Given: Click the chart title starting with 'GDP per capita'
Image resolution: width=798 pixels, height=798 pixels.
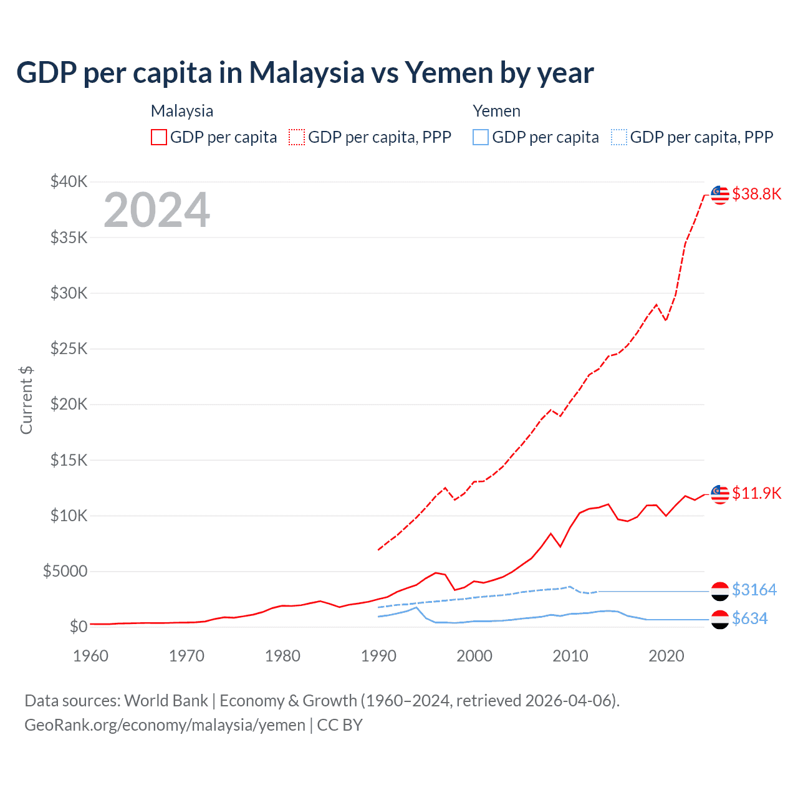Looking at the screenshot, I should pos(305,72).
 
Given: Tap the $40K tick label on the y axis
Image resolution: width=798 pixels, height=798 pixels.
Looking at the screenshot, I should pos(69,182).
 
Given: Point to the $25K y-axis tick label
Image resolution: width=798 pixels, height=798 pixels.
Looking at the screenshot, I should pos(69,349).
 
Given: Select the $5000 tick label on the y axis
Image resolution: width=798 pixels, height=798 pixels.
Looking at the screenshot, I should pos(65,571).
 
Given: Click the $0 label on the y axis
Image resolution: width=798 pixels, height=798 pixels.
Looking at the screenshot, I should pos(79,627).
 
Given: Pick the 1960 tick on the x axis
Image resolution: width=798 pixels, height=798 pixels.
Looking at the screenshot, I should pos(90,656).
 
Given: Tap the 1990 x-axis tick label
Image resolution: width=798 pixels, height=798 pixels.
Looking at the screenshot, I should pos(378,656).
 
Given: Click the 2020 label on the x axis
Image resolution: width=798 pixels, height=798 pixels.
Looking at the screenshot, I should pos(666,656).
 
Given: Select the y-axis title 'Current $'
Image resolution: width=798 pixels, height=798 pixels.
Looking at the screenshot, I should pos(26,400).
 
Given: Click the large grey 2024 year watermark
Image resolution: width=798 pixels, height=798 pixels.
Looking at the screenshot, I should pos(156,210).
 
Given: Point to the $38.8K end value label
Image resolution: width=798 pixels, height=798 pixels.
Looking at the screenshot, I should pos(756,194).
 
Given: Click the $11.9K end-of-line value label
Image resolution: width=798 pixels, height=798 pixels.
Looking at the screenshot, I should pos(756,493).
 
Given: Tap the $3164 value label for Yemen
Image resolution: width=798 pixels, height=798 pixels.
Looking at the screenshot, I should pos(754,590).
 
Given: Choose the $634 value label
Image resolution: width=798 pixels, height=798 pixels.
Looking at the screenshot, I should pos(750,618).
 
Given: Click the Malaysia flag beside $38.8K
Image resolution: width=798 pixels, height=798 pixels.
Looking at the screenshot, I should pos(720,195).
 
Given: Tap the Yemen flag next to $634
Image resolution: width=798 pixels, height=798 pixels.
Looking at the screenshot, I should pos(720,619).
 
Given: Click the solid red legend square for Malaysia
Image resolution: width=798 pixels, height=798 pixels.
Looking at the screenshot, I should pos(159,137).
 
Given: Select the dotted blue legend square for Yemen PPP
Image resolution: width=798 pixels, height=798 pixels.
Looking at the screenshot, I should pos(619,137).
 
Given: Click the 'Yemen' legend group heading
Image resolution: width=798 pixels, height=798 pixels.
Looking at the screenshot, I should pos(496,111).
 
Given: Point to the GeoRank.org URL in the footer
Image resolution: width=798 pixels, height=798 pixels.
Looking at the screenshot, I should pos(165,725).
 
